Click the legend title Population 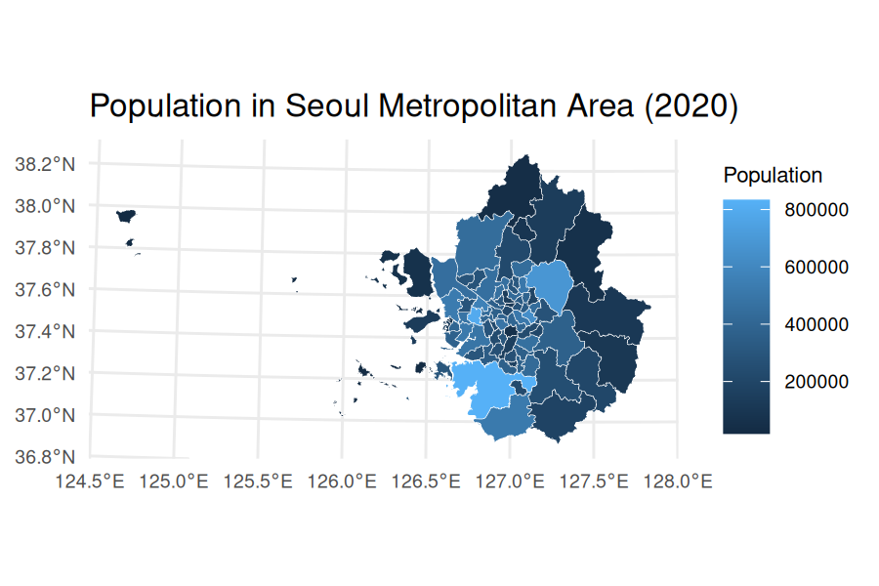(773, 176)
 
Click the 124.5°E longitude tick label (90, 481)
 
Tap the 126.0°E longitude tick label (342, 481)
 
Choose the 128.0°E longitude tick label (678, 481)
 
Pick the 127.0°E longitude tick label (510, 481)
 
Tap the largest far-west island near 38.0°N (125, 216)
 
